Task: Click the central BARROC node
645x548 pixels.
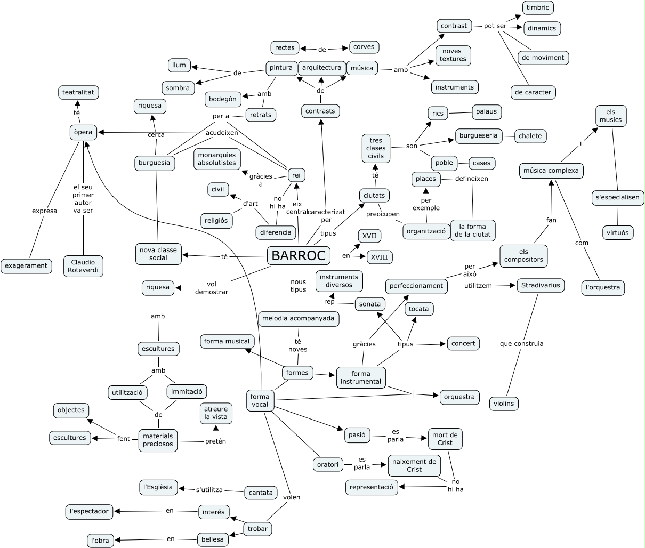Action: [x=299, y=255]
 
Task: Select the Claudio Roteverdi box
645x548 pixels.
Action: [x=83, y=266]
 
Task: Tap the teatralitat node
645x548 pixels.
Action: [x=78, y=92]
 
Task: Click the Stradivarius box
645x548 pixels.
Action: [x=541, y=285]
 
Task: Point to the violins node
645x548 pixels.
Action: [x=504, y=404]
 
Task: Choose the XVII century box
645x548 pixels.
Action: [x=369, y=236]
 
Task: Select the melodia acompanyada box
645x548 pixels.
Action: [x=299, y=319]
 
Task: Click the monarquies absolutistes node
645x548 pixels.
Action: [x=217, y=159]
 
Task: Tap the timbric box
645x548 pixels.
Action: [x=538, y=7]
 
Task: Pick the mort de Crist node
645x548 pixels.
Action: [x=445, y=439]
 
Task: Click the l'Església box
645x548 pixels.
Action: [x=158, y=487]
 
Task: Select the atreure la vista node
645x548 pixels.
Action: [x=216, y=413]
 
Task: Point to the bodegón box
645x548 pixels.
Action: [x=223, y=99]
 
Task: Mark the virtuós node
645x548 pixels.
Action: [x=617, y=233]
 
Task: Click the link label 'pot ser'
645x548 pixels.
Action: [x=495, y=26]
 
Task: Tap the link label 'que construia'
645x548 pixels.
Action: [x=521, y=344]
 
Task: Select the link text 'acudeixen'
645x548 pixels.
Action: [x=222, y=133]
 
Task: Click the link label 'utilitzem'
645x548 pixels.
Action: [x=478, y=286]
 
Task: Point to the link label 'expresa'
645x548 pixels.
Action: [x=44, y=211]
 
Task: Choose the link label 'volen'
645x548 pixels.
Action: [x=292, y=497]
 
